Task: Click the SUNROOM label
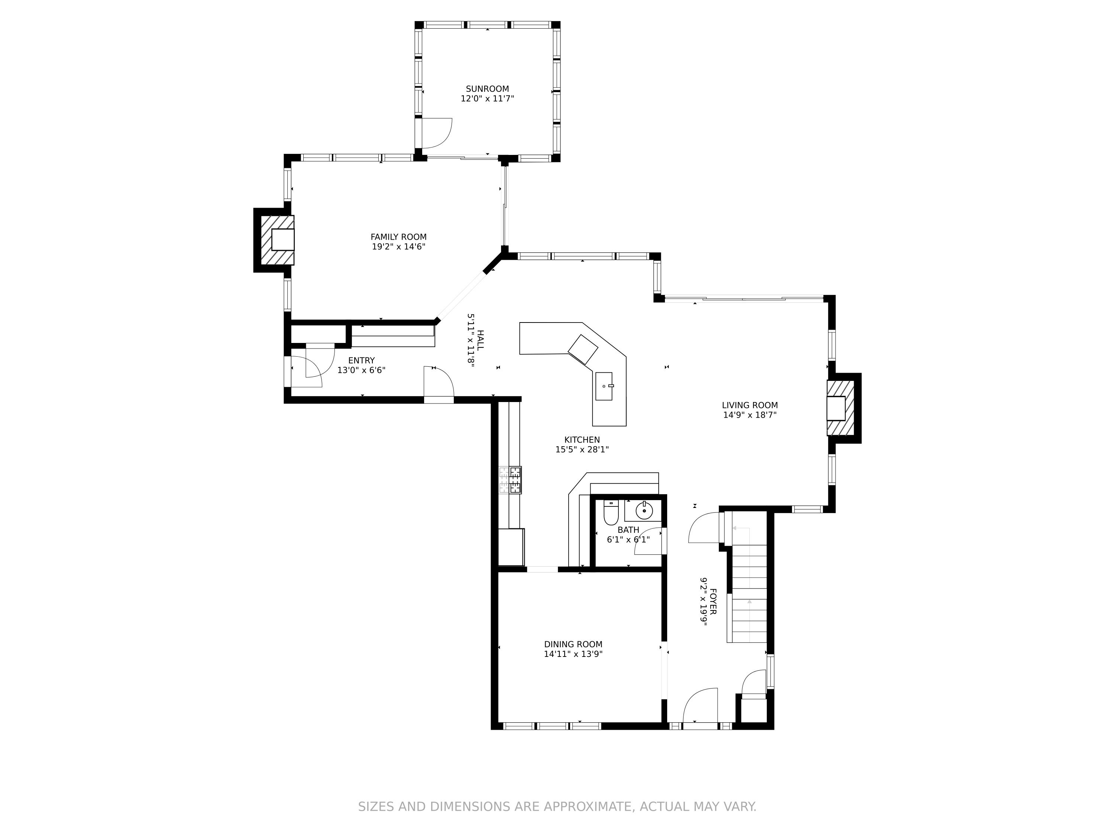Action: pyautogui.click(x=487, y=89)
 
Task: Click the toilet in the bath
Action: pyautogui.click(x=610, y=513)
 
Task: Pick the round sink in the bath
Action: pyautogui.click(x=644, y=511)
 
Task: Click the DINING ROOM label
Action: pyautogui.click(x=573, y=644)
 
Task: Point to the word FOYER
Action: pyautogui.click(x=713, y=602)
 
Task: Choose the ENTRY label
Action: pyautogui.click(x=361, y=360)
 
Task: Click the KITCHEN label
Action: pyautogui.click(x=582, y=440)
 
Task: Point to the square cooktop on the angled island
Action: pyautogui.click(x=583, y=349)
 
